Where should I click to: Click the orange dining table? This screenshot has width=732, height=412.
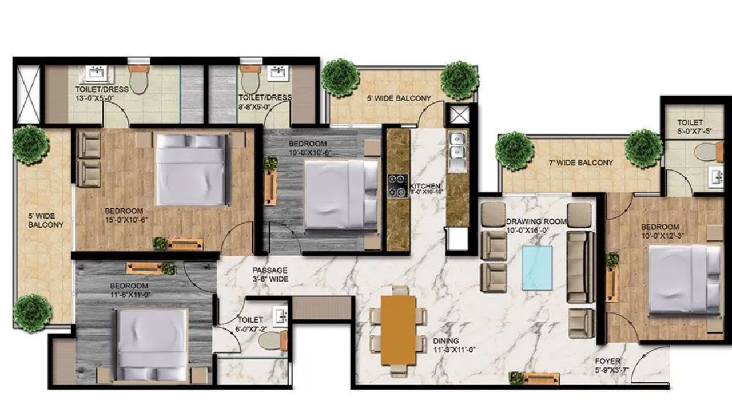[x=399, y=330]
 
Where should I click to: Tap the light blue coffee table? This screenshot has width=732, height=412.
[x=538, y=268]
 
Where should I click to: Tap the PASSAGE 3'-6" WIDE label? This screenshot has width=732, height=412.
[x=270, y=275]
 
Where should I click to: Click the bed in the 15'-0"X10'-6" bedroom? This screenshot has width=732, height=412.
[x=190, y=169]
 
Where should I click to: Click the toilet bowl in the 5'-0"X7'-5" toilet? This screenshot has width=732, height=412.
[x=707, y=152]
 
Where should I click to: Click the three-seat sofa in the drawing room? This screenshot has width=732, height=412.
[x=579, y=267]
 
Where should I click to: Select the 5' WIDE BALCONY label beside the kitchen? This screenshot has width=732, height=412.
[x=399, y=98]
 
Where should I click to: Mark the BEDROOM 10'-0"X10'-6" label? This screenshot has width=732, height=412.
[x=308, y=148]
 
